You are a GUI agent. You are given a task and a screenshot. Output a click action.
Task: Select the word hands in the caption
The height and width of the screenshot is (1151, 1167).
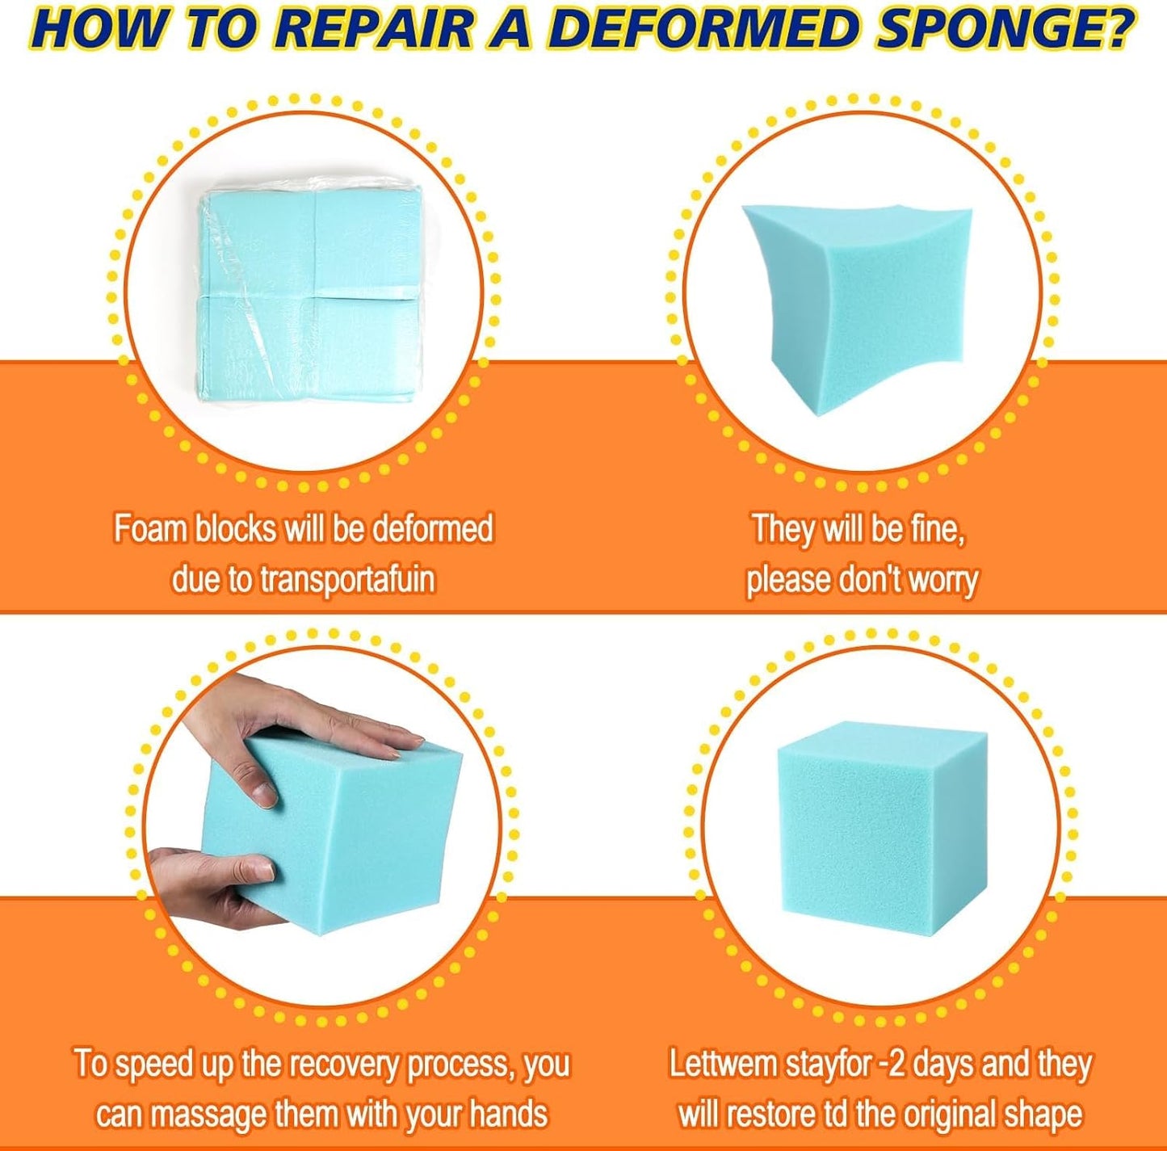(509, 1113)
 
